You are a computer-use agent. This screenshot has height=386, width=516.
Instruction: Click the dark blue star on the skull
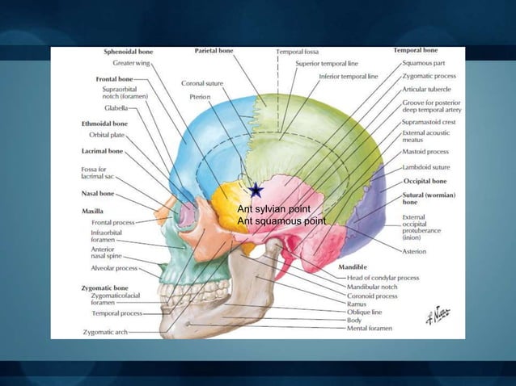[x=256, y=190]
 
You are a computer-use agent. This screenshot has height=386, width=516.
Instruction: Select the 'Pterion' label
[x=200, y=95]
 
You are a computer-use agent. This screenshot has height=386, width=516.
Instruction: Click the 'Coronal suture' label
[x=203, y=83]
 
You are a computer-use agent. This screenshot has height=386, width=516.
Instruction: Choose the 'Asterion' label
[x=416, y=252]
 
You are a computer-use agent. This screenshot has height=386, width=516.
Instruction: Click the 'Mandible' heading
[x=352, y=266]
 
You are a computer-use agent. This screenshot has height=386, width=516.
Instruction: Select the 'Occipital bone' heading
[x=425, y=182]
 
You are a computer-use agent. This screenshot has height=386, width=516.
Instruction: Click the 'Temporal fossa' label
[x=297, y=52]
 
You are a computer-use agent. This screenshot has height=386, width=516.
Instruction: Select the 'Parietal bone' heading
[x=214, y=51]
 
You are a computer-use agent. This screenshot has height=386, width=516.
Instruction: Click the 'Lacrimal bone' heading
[x=102, y=151]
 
